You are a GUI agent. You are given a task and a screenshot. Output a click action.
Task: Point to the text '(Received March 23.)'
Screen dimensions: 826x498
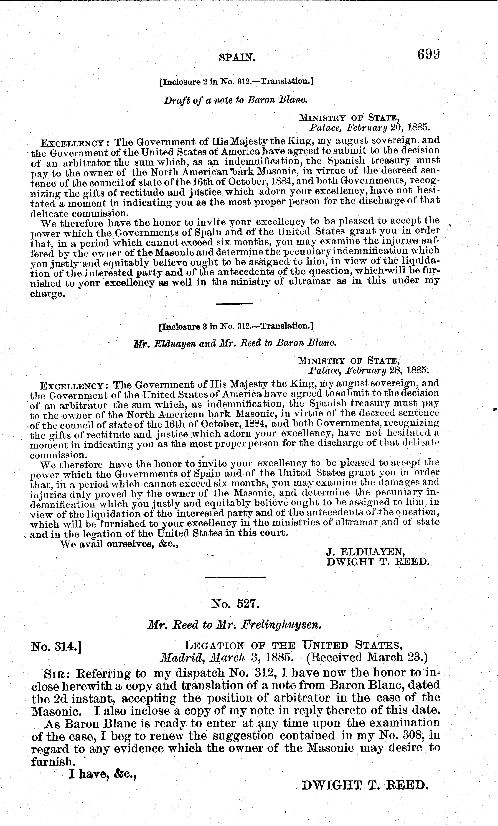click(x=367, y=657)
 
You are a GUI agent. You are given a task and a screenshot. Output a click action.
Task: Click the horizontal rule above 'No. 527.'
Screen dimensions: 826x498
click(x=235, y=577)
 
